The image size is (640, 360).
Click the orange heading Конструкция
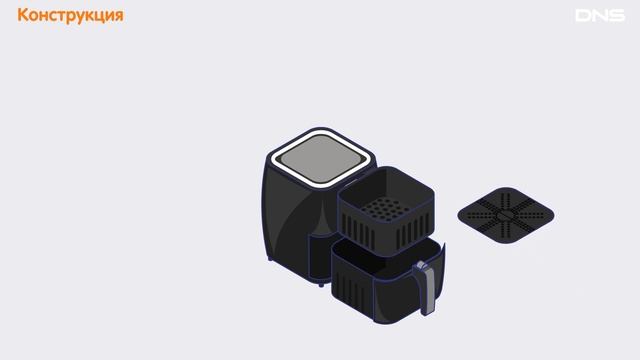tap(70, 16)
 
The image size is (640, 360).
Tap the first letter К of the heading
tap(22, 15)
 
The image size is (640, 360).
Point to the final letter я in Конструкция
tap(118, 16)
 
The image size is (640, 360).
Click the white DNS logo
tap(600, 16)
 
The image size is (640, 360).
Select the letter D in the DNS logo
tap(582, 16)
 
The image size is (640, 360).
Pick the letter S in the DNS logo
tap(618, 16)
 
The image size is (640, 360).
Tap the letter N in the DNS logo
tap(600, 16)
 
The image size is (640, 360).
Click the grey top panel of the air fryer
tap(320, 158)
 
